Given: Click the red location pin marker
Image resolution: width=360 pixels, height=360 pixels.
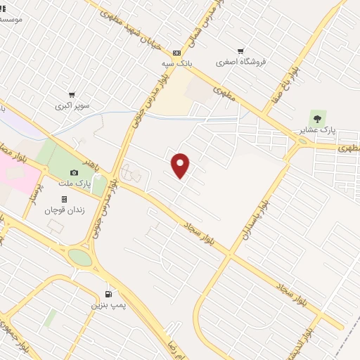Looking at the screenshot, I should point(181,165).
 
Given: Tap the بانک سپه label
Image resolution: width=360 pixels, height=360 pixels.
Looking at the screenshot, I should point(176,63).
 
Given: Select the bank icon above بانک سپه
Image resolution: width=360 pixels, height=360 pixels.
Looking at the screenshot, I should point(176,52).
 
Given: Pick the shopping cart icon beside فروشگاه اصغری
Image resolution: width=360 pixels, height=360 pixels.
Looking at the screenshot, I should point(241,51).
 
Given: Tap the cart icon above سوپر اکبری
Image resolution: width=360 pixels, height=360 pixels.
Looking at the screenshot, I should point(72,95).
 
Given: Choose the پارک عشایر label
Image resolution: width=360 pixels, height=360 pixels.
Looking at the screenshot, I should point(314,130).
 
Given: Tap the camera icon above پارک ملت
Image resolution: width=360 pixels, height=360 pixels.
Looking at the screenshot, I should point(75,173).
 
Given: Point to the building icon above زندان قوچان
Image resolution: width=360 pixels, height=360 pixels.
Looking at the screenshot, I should point(64,198).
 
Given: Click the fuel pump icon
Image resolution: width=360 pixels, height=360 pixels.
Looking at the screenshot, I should point(108,294).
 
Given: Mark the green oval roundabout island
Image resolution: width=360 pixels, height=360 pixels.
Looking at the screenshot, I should point(81,257).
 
